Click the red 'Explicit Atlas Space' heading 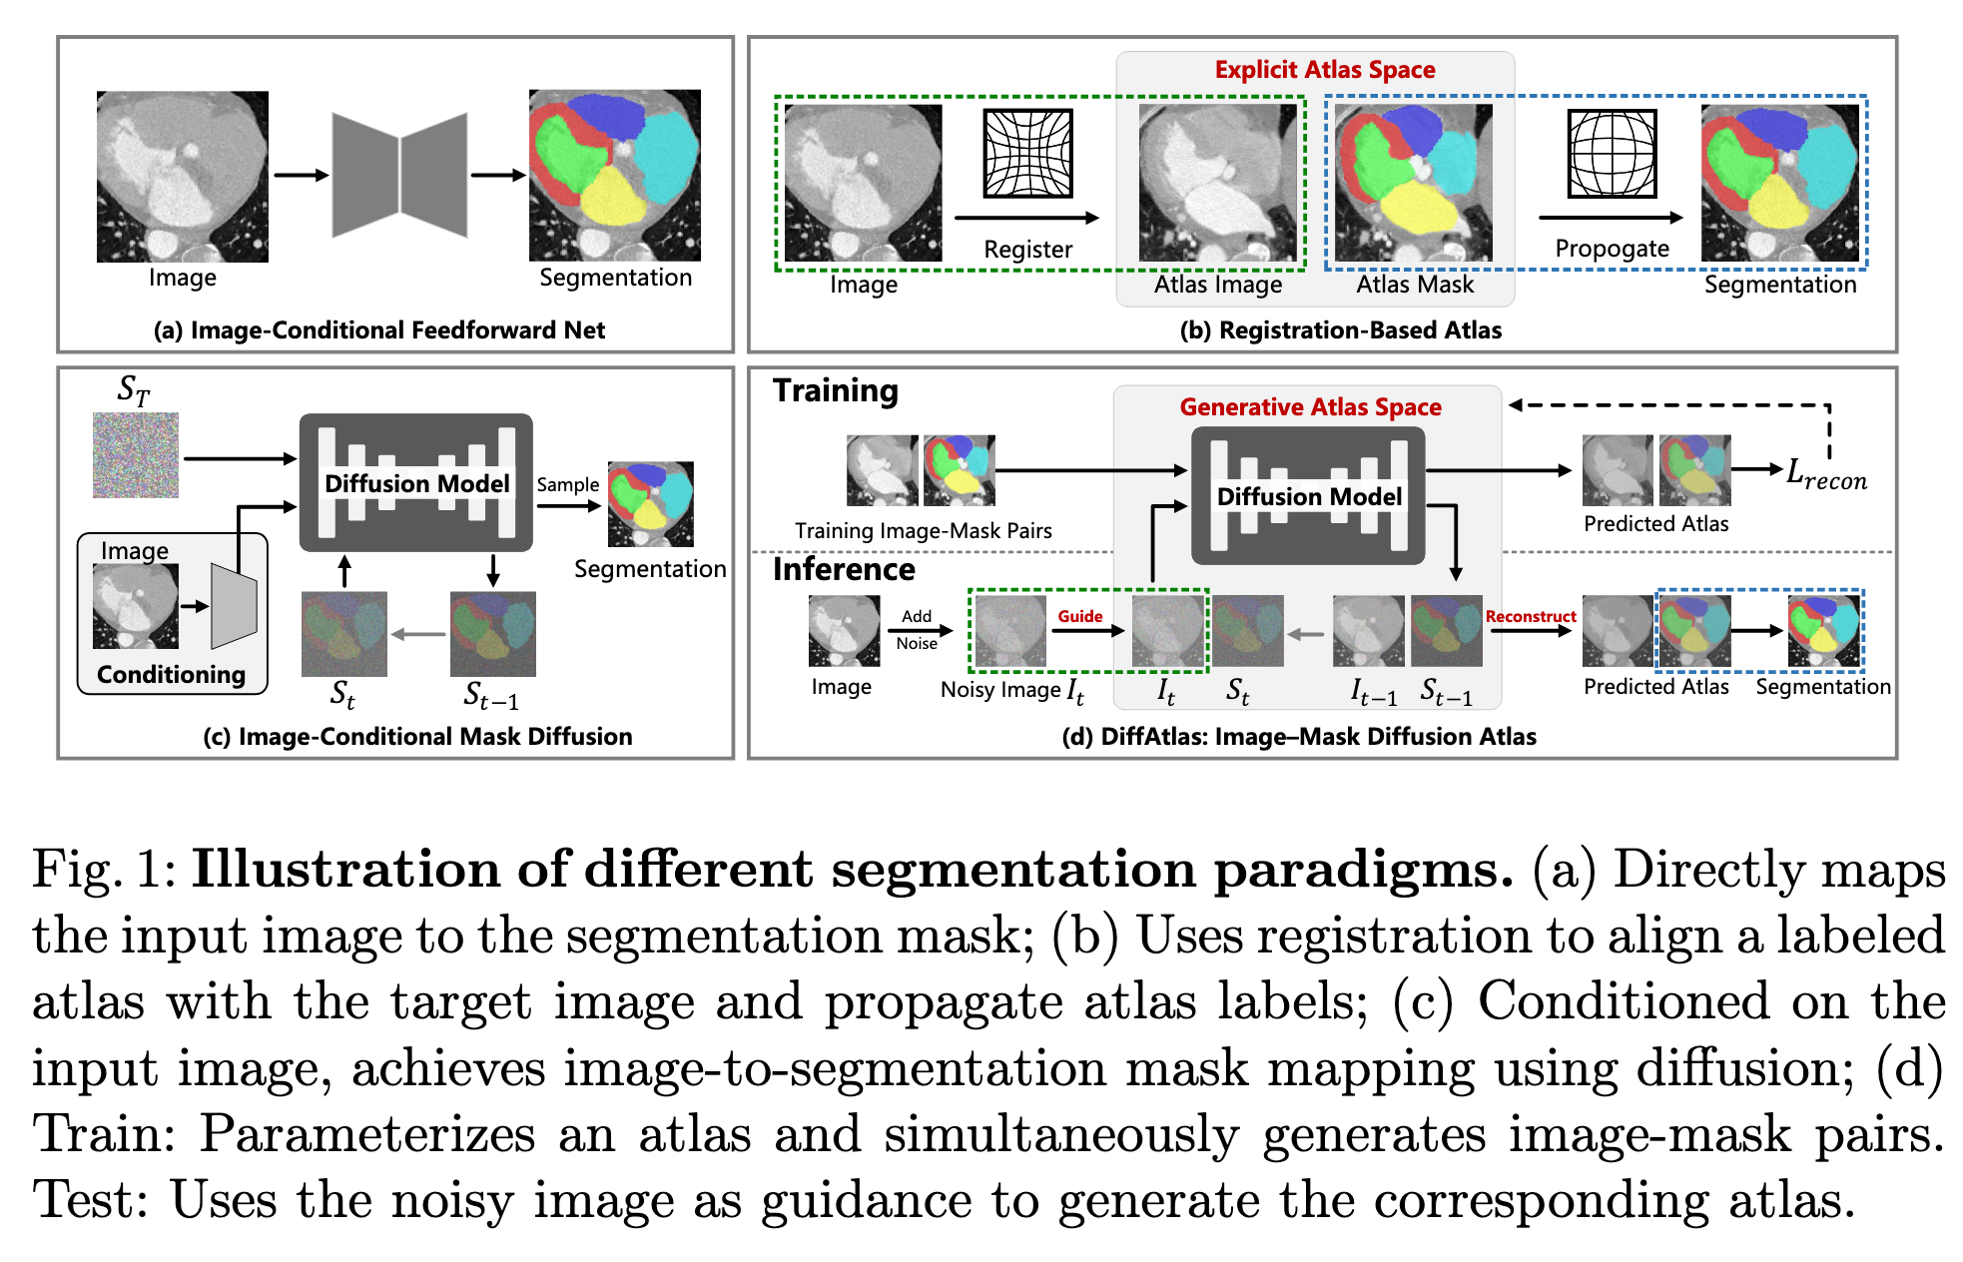(x=1324, y=70)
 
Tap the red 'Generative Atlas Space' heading (x=1310, y=407)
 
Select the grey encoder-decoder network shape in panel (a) (x=399, y=175)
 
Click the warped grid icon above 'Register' (x=1027, y=153)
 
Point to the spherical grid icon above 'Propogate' (x=1612, y=153)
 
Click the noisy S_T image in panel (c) (x=136, y=455)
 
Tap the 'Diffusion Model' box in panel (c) (x=416, y=483)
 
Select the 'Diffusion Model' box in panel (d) (x=1308, y=496)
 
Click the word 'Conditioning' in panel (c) (x=171, y=675)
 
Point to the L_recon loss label (x=1825, y=474)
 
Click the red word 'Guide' (x=1080, y=616)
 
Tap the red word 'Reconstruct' (x=1530, y=616)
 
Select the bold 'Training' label (x=836, y=390)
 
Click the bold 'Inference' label (x=844, y=569)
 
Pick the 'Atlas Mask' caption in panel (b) (x=1414, y=285)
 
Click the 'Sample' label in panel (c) (x=567, y=485)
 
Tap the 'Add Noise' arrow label (x=917, y=630)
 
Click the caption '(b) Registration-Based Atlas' (x=1340, y=330)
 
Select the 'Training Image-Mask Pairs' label (x=923, y=531)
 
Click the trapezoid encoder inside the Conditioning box (x=235, y=605)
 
